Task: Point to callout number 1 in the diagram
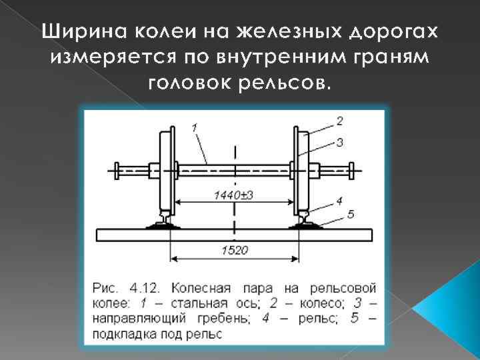194,127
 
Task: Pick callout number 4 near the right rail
339,199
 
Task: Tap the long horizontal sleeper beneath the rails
233,234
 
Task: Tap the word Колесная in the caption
201,289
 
